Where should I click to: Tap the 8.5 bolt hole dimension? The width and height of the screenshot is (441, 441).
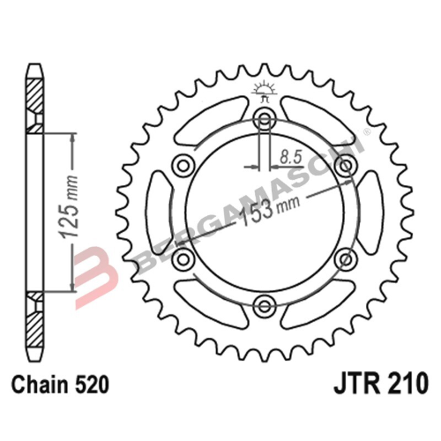(288, 156)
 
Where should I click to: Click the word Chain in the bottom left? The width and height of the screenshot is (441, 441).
(36, 385)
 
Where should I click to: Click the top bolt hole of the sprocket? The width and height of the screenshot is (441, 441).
(264, 120)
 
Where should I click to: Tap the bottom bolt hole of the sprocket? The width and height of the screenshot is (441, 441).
(264, 306)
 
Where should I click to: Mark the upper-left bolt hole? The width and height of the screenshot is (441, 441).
(183, 166)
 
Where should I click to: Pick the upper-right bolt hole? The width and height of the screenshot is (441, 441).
(344, 166)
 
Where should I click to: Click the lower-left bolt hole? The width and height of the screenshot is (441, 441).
(183, 259)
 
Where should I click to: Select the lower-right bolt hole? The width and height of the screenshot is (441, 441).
(344, 259)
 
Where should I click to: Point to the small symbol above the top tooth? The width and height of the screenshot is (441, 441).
(264, 87)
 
